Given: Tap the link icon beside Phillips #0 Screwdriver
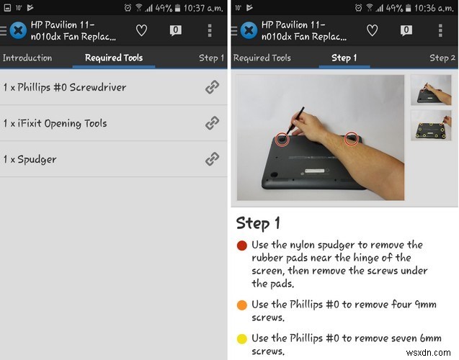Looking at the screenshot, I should [x=212, y=87].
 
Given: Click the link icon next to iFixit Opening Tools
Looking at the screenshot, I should [x=212, y=123].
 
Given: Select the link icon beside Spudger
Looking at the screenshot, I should [x=212, y=159].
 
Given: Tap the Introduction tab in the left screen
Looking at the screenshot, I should [x=27, y=58].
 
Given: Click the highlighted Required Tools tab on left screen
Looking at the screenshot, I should [x=114, y=58].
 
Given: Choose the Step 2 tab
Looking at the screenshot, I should [x=442, y=58].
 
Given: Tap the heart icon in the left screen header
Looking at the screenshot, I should [x=141, y=30].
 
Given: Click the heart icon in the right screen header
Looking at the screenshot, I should [x=372, y=30].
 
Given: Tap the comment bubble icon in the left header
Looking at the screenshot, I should [x=175, y=30].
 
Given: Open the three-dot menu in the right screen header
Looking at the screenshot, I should [x=440, y=30].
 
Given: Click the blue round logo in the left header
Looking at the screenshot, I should [x=17, y=31].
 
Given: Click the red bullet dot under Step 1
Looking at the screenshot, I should [x=242, y=246].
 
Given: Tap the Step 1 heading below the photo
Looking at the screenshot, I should [x=258, y=222].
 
